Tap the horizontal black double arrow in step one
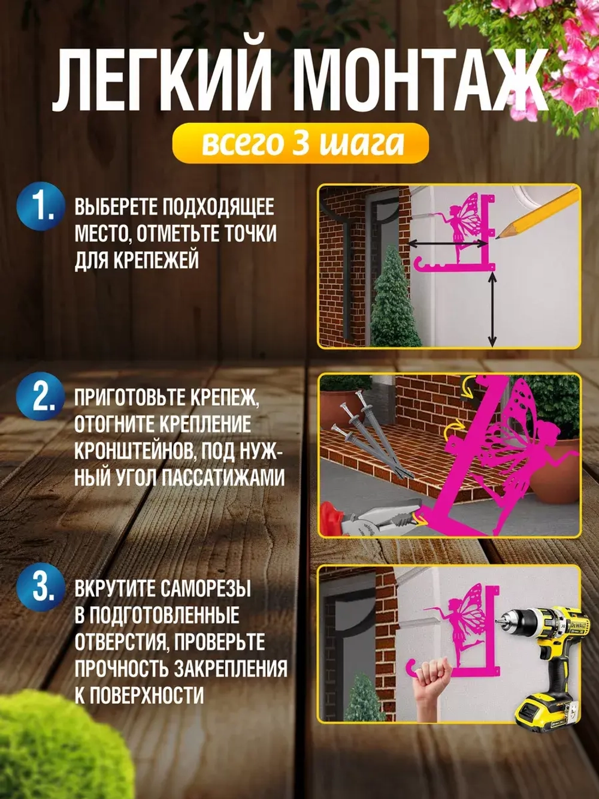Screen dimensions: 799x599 coord(448,243)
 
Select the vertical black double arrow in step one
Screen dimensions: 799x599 coord(492,309)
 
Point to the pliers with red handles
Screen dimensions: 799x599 coord(365,519)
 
